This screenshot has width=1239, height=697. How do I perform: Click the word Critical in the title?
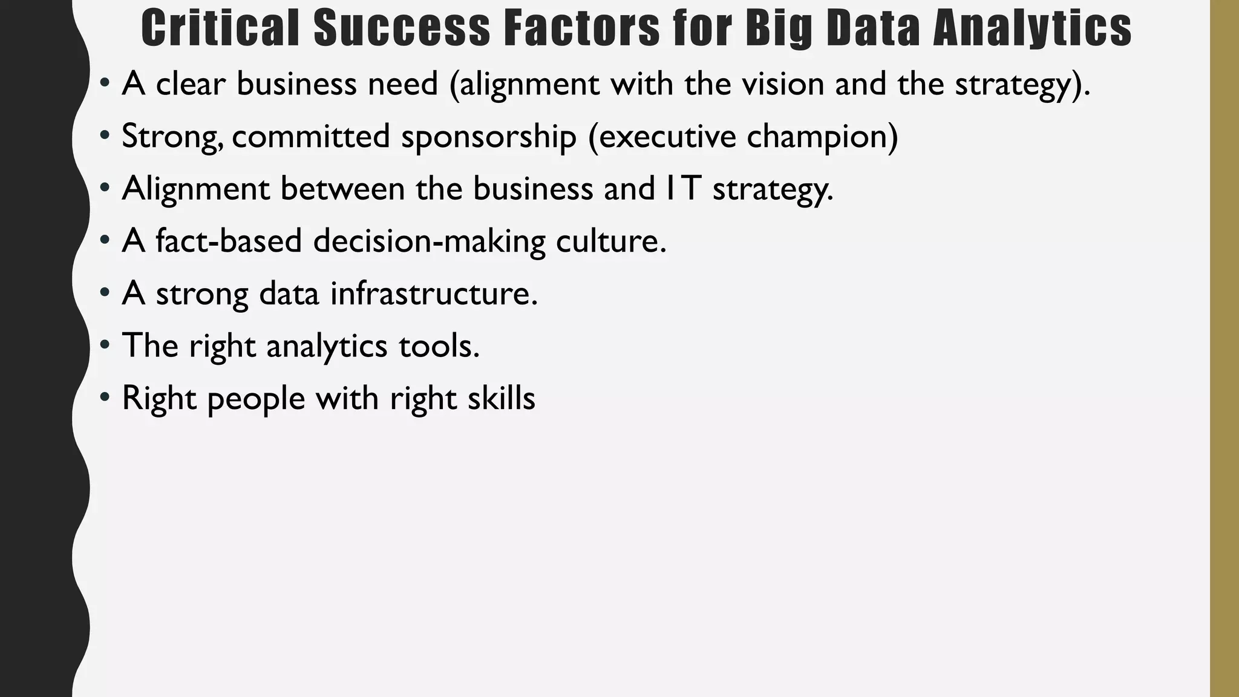(x=221, y=28)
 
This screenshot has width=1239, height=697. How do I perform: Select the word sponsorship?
(x=488, y=136)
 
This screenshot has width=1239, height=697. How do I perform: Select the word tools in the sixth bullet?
(x=439, y=345)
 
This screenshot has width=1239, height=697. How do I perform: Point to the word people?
(x=255, y=398)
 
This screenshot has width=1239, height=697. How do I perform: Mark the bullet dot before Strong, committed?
(x=105, y=136)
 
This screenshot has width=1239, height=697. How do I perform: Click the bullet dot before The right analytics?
(x=105, y=345)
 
